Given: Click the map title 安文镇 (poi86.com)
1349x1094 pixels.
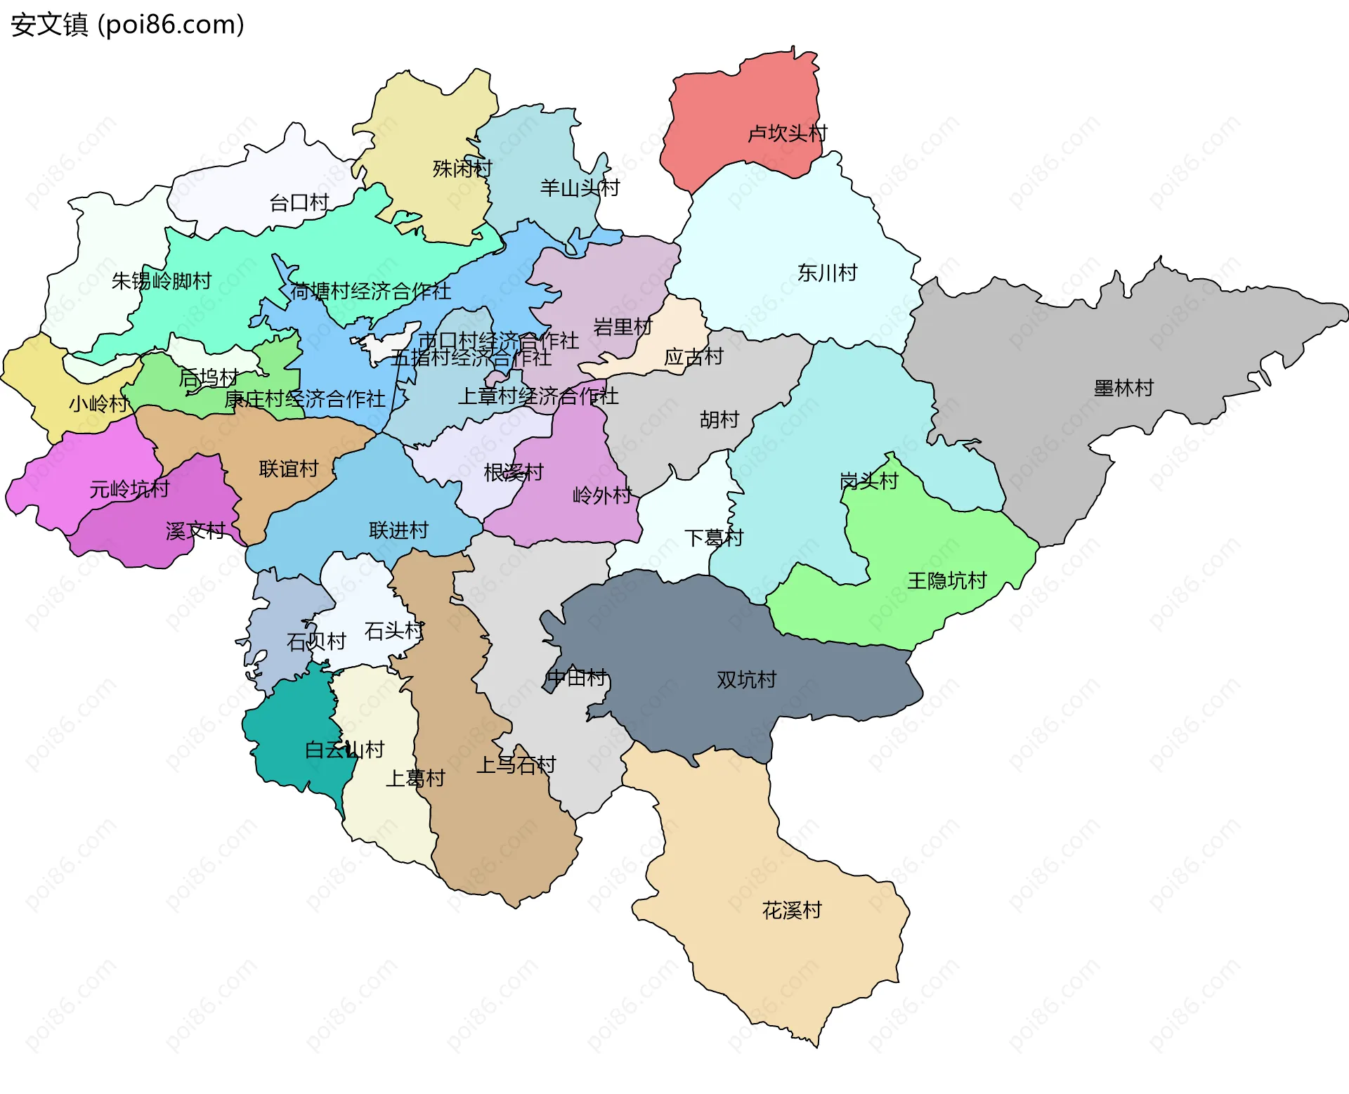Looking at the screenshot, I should (x=127, y=25).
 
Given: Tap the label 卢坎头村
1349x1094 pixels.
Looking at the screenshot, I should (x=787, y=134).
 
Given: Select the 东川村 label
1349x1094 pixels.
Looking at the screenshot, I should (x=827, y=273).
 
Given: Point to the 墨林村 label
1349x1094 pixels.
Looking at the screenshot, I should (x=1123, y=388).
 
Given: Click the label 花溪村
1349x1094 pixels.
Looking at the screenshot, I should (x=792, y=911).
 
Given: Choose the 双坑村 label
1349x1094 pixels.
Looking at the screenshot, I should (x=746, y=679).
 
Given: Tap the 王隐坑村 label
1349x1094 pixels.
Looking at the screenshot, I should (x=946, y=580).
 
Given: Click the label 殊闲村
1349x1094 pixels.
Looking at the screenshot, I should (x=462, y=169).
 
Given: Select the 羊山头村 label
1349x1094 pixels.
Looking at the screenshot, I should (x=580, y=188).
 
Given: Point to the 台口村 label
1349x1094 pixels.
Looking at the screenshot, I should (x=299, y=203).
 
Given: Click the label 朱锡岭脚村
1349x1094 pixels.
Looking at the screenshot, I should (x=162, y=281).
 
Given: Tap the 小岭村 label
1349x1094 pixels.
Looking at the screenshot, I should (x=98, y=403).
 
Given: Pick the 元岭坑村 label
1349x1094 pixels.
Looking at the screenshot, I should (x=129, y=489).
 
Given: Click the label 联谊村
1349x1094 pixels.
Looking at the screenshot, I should (x=289, y=469).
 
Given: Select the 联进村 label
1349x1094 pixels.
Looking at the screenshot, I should (x=398, y=530).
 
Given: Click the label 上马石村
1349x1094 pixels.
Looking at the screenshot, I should (x=516, y=764).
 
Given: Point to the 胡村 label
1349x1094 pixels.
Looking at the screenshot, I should (x=719, y=420).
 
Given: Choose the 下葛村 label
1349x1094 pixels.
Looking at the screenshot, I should (x=713, y=538).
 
